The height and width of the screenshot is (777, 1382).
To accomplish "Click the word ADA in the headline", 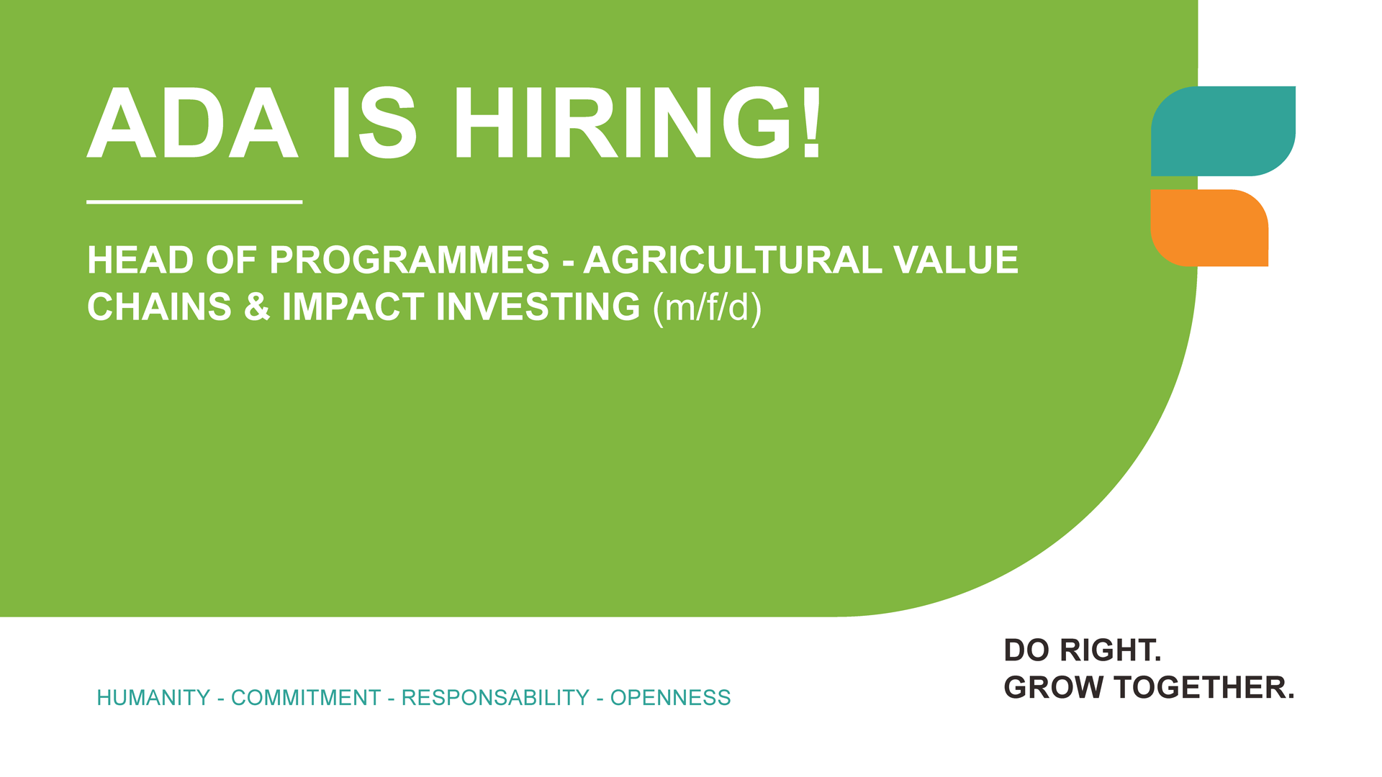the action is [x=192, y=123].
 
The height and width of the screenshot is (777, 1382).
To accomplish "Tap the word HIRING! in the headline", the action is [x=637, y=123].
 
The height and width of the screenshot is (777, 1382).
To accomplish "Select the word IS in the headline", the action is [x=374, y=123].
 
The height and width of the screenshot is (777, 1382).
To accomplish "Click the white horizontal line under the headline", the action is [x=194, y=202].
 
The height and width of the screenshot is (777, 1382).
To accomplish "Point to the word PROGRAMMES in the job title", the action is [x=409, y=260].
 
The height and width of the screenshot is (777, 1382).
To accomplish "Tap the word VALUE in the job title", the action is [x=956, y=260].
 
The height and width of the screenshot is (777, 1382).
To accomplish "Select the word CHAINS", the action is [x=159, y=306].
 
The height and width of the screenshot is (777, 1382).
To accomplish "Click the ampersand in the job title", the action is [x=256, y=306].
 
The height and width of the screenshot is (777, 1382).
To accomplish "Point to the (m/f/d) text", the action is [x=707, y=308].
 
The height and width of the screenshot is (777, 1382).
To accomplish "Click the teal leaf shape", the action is [x=1223, y=131].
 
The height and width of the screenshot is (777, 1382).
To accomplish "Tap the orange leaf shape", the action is [x=1209, y=228].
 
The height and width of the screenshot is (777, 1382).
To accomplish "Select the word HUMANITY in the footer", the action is [x=153, y=698].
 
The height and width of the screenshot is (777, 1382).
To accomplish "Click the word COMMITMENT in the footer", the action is [x=306, y=698].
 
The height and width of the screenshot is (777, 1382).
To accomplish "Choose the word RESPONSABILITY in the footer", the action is [x=495, y=698].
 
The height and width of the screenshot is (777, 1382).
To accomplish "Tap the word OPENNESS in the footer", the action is [x=671, y=698].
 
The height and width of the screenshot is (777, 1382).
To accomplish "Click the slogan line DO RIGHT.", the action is [x=1083, y=650].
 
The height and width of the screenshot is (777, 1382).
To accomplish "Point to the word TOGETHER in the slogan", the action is [x=1204, y=688].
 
